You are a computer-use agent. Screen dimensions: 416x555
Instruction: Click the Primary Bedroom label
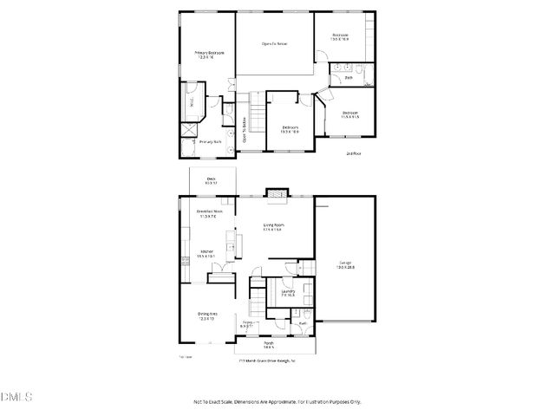[x=209, y=54]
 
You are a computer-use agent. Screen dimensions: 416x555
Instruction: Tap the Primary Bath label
[x=212, y=141]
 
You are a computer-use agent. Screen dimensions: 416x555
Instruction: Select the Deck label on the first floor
[x=210, y=179]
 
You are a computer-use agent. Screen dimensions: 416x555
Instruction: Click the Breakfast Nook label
[x=209, y=213]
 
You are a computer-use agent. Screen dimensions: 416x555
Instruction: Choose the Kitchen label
[x=206, y=253]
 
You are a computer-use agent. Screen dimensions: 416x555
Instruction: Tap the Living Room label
[x=274, y=227]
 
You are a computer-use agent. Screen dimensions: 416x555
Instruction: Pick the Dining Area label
[x=207, y=315]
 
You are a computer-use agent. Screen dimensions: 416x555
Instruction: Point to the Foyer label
[x=247, y=325]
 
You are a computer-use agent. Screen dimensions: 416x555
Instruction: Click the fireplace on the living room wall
[x=276, y=195]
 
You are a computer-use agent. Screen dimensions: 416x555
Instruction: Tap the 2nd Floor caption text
[x=353, y=153]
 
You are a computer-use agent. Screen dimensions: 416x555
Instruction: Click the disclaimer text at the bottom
[x=277, y=402]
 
